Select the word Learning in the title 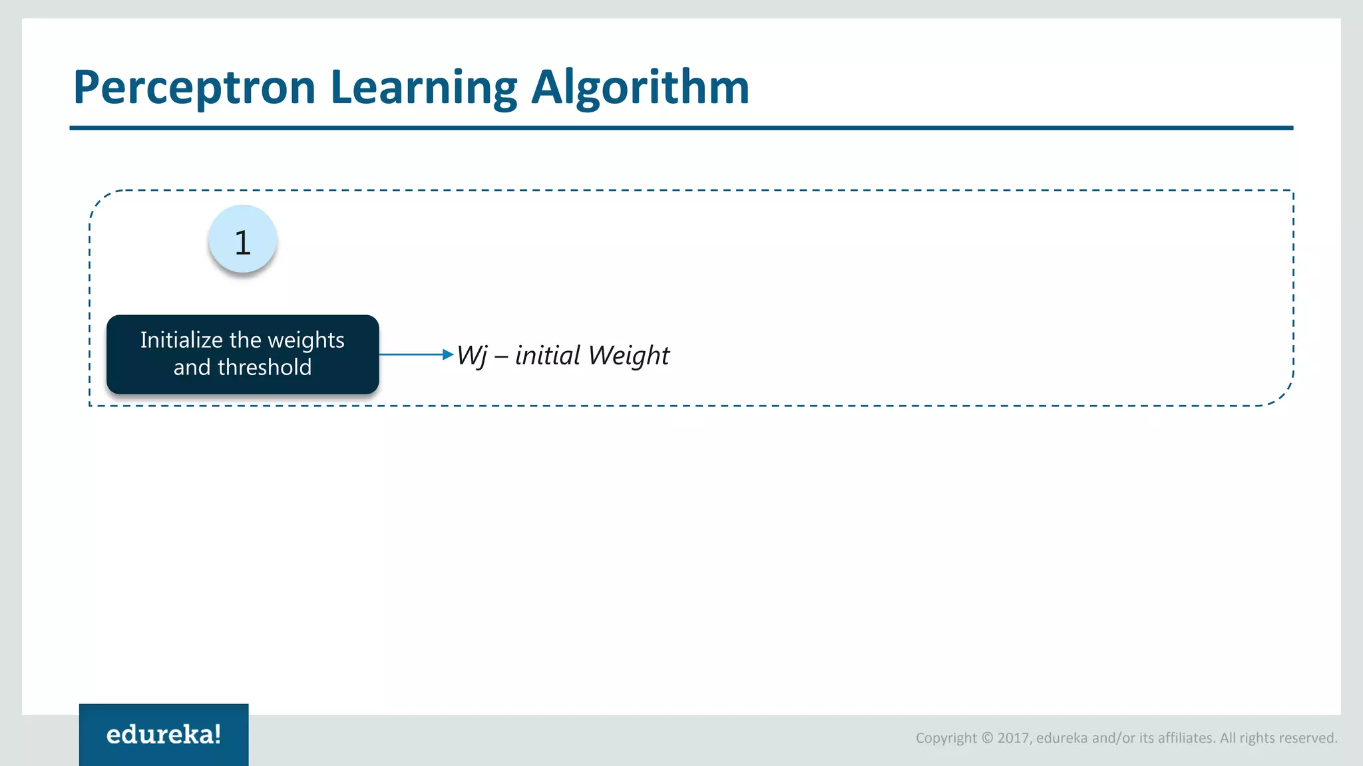[423, 88]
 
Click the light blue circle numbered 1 [242, 239]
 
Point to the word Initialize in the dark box [181, 340]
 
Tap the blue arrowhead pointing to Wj [448, 354]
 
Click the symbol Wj [472, 356]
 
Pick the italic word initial [548, 355]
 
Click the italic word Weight [629, 356]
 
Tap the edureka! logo [164, 734]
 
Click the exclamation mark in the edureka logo [216, 733]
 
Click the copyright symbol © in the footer [987, 738]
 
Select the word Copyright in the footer [946, 738]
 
